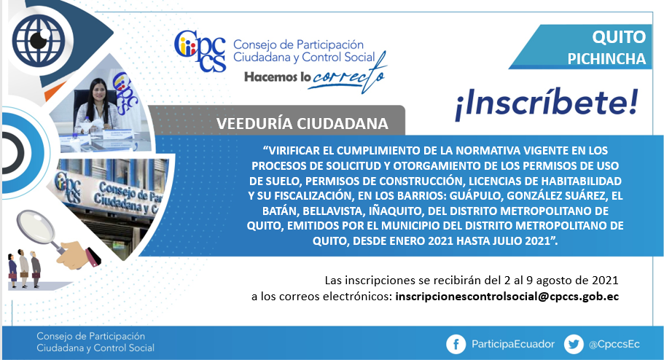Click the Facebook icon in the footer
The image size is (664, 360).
pyautogui.click(x=456, y=344)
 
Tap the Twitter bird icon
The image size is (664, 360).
pyautogui.click(x=574, y=344)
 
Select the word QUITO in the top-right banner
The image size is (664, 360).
pyautogui.click(x=619, y=37)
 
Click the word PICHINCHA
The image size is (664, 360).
pyautogui.click(x=606, y=59)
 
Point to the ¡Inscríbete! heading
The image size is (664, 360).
pyautogui.click(x=546, y=105)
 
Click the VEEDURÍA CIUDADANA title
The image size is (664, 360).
pyautogui.click(x=302, y=124)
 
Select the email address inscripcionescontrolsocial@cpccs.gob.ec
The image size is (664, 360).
pyautogui.click(x=507, y=297)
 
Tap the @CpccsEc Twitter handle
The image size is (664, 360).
pyautogui.click(x=614, y=344)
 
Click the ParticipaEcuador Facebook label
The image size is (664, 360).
pyautogui.click(x=513, y=344)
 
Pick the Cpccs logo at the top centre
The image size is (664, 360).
pyautogui.click(x=200, y=51)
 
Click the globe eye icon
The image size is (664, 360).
pyautogui.click(x=39, y=39)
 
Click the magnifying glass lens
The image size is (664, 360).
pyautogui.click(x=36, y=227)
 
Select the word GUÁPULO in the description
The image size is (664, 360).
pyautogui.click(x=476, y=196)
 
